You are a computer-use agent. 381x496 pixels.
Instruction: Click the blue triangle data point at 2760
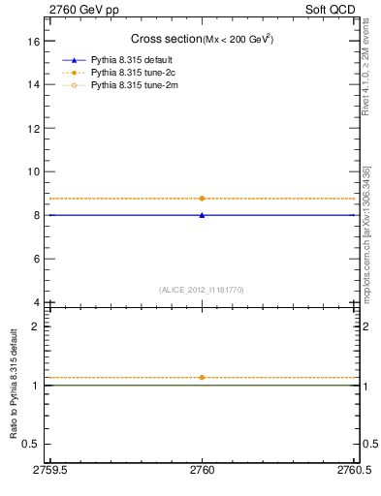(202, 215)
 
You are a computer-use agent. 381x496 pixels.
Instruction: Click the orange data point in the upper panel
(202, 198)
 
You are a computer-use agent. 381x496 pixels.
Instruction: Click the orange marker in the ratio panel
(202, 377)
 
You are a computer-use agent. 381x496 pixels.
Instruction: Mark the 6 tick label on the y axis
(37, 259)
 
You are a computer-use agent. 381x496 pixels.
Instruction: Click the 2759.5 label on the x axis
(49, 469)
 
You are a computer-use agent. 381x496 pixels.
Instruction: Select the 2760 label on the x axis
(202, 469)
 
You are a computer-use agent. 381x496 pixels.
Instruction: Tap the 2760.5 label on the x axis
(353, 469)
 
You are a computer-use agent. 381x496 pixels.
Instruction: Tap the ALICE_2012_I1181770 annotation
(202, 289)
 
